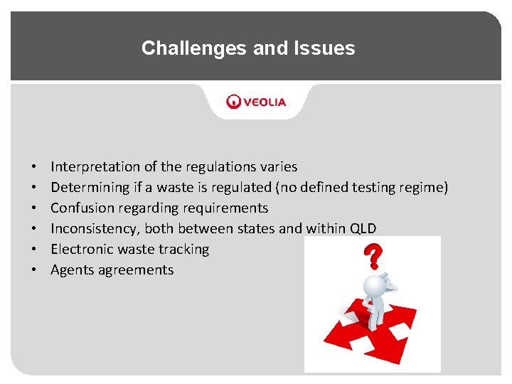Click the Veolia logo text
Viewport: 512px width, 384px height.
point(265,102)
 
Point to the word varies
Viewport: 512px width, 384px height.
point(279,167)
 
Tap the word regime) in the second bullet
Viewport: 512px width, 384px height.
point(423,188)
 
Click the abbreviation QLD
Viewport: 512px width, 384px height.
point(363,229)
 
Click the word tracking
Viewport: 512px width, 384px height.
point(186,250)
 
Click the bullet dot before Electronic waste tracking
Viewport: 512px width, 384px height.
point(35,250)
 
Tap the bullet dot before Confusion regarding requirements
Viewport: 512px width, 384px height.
point(35,208)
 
